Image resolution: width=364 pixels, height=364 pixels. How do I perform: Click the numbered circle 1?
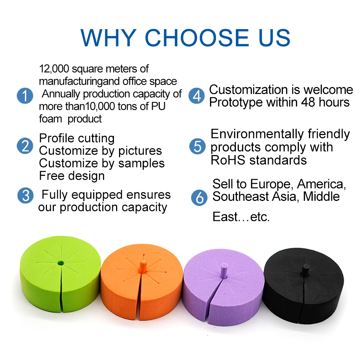pos(25,96)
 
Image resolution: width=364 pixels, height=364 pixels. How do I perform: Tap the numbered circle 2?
pos(25,146)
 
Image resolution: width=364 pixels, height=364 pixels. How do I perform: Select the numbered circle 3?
pos(25,195)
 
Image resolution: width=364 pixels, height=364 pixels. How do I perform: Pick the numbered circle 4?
pos(197,96)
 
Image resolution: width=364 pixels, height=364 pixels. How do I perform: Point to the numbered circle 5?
pos(198,147)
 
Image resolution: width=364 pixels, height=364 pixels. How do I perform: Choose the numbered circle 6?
pos(199,198)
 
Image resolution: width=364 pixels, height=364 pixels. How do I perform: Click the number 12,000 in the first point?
pos(54,69)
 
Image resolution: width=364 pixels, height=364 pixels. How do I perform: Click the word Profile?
pos(58,138)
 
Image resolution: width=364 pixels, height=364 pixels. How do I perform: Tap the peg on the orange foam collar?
pos(142,265)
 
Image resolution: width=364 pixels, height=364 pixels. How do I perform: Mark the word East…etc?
pos(241,217)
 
